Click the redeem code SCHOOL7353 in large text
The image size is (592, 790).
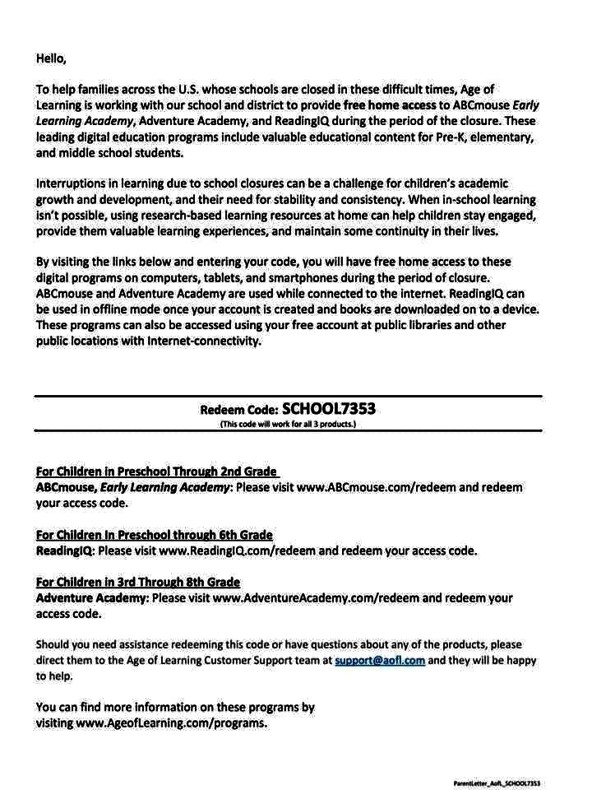(x=329, y=409)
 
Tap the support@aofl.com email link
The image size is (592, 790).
(x=380, y=660)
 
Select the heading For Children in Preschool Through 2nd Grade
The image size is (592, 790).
(x=156, y=472)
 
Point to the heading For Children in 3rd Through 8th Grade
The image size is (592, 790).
(x=138, y=582)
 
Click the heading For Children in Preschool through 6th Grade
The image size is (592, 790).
(x=155, y=535)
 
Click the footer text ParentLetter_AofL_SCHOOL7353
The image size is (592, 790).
(x=497, y=783)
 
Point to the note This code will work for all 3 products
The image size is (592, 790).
(x=288, y=425)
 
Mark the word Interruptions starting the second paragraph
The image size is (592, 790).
(x=72, y=184)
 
